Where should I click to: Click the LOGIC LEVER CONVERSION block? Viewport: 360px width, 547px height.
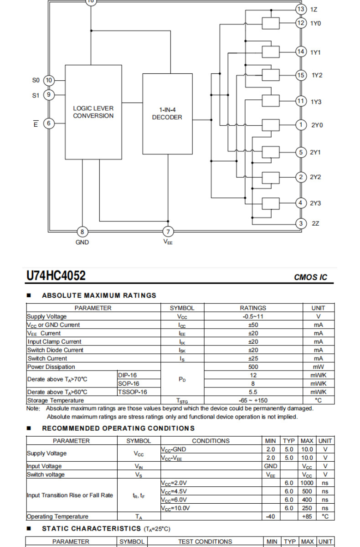(93, 112)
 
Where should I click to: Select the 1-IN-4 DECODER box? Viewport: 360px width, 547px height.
(167, 114)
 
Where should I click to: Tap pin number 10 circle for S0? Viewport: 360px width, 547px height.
(49, 81)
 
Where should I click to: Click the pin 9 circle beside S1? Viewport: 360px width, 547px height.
(49, 95)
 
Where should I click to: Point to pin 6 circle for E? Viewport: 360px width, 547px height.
(49, 124)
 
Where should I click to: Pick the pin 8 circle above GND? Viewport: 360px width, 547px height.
(82, 231)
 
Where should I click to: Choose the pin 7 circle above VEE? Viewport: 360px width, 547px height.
(168, 231)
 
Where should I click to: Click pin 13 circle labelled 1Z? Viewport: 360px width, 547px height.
(301, 9)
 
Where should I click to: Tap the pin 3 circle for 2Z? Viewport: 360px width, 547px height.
(301, 223)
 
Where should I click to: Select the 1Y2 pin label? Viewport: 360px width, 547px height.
(317, 75)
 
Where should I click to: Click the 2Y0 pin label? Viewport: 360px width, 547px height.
(317, 125)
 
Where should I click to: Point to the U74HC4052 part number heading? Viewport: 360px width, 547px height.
(56, 276)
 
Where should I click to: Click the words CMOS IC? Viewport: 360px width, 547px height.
(310, 277)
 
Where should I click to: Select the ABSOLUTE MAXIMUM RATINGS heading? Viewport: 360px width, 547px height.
(99, 295)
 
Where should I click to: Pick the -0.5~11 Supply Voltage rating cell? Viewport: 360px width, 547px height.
(253, 317)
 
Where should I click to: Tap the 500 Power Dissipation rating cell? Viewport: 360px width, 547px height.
(253, 367)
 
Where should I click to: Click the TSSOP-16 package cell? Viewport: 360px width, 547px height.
(133, 392)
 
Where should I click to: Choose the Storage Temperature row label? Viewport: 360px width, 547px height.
(56, 400)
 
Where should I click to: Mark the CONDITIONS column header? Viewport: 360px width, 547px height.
(211, 441)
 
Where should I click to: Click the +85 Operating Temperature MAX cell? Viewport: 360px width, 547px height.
(307, 516)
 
